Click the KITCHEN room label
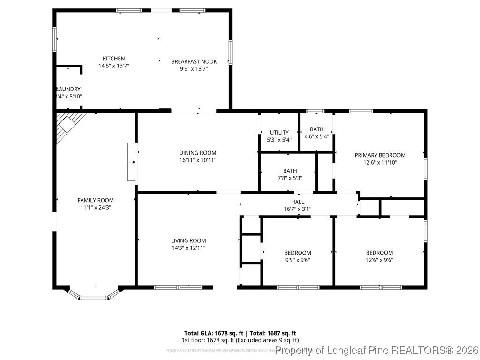(113, 59)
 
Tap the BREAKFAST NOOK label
(194, 61)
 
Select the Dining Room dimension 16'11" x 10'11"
(197, 160)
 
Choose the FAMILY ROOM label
(96, 200)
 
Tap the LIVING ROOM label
(188, 240)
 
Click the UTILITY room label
(279, 132)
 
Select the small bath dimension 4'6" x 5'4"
(316, 137)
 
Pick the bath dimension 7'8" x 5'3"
(289, 178)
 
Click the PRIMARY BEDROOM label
(380, 155)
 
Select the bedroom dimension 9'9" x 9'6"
(297, 260)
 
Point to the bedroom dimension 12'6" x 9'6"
(379, 260)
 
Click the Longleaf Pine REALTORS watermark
(377, 350)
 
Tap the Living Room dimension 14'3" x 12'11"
(188, 248)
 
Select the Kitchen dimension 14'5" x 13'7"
(113, 66)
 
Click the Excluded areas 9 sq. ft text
(267, 340)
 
